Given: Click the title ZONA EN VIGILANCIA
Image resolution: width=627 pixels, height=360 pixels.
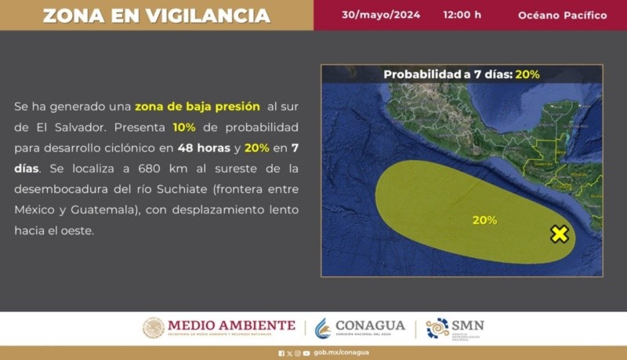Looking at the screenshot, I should click(156, 16).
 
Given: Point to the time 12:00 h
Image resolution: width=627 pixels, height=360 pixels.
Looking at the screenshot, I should click(462, 15).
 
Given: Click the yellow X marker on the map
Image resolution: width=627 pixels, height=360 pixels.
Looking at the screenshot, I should click(559, 234).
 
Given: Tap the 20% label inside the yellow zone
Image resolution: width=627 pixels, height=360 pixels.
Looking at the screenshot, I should click(484, 220).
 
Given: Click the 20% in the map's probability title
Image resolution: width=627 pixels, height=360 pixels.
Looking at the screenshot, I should click(527, 75).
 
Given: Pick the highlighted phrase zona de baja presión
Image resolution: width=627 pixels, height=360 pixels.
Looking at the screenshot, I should click(197, 106).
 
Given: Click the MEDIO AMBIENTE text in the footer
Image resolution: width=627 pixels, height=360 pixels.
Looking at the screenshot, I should click(231, 325).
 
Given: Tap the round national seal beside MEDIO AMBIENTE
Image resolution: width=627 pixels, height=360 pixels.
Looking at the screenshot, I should click(154, 328).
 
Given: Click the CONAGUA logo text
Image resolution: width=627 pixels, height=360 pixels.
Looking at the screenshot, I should click(370, 325).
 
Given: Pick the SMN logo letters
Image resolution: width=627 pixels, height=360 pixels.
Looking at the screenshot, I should click(468, 325).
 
